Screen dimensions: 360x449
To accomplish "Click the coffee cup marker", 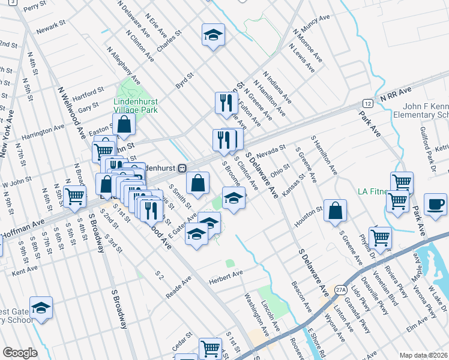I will click(435, 204).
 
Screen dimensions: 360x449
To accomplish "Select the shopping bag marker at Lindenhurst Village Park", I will click(124, 125).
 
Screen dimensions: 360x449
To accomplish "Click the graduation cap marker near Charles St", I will click(212, 35).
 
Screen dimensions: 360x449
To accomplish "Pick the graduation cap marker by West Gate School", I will click(41, 308).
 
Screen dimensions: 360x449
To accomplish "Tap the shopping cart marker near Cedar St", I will click(210, 348).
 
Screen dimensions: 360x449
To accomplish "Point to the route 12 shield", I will click(367, 104).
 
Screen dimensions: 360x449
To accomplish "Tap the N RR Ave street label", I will click(394, 93).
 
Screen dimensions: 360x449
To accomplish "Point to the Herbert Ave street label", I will click(225, 274).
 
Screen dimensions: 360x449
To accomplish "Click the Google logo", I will click(20, 353).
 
